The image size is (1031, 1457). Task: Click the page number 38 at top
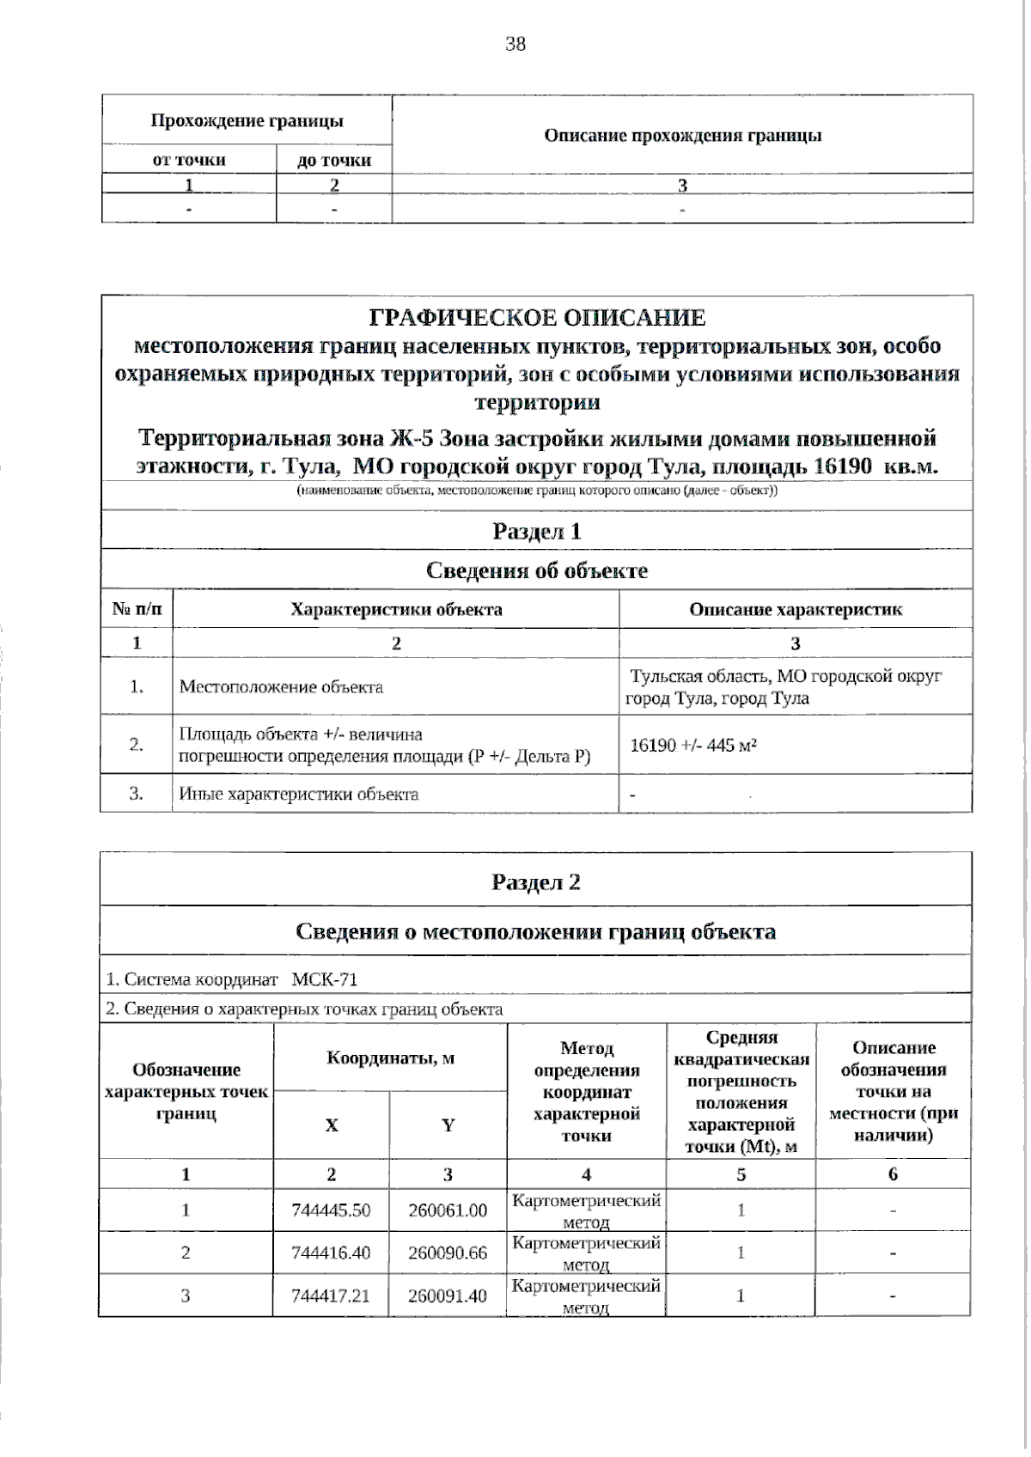pyautogui.click(x=515, y=44)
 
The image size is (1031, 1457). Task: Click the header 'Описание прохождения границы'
pyautogui.click(x=682, y=136)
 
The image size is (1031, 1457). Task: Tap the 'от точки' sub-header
pyautogui.click(x=189, y=160)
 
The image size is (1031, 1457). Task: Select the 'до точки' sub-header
pyautogui.click(x=334, y=160)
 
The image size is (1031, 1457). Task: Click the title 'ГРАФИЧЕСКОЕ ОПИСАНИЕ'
pyautogui.click(x=537, y=318)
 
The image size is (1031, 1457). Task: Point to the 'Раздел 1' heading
pyautogui.click(x=537, y=531)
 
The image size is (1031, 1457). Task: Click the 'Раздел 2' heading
pyautogui.click(x=536, y=882)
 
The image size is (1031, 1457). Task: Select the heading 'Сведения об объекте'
pyautogui.click(x=537, y=570)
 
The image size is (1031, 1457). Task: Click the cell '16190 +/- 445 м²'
pyautogui.click(x=693, y=745)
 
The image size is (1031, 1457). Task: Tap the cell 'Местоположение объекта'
pyautogui.click(x=281, y=687)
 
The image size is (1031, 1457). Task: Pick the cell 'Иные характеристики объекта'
pyautogui.click(x=298, y=794)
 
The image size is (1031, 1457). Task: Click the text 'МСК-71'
pyautogui.click(x=324, y=979)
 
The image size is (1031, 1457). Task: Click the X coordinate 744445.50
pyautogui.click(x=331, y=1210)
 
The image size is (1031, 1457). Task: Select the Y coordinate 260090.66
pyautogui.click(x=448, y=1253)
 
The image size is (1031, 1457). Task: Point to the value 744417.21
pyautogui.click(x=331, y=1295)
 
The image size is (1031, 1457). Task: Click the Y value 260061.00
pyautogui.click(x=448, y=1210)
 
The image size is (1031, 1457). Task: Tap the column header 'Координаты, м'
pyautogui.click(x=390, y=1058)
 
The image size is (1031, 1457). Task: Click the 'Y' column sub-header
pyautogui.click(x=448, y=1125)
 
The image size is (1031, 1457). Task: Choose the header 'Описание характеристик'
pyautogui.click(x=796, y=610)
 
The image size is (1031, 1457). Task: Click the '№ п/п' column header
pyautogui.click(x=137, y=610)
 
